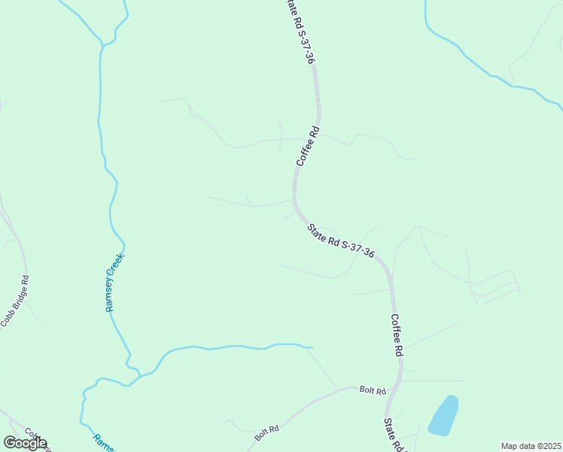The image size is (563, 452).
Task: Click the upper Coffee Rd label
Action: [x=309, y=147]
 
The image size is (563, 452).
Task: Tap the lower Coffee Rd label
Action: [x=397, y=335]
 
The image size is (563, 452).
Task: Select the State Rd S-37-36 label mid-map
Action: [x=341, y=240]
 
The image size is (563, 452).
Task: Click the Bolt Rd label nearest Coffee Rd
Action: [x=372, y=390]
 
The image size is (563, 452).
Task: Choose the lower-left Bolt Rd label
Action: [x=266, y=433]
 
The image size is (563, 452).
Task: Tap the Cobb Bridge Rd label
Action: [x=14, y=301]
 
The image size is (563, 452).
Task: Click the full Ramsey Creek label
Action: [x=114, y=282]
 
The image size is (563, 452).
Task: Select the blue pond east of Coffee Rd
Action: [x=444, y=416]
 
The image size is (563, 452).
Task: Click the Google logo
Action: [x=25, y=443]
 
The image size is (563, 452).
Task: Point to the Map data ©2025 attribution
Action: [x=531, y=446]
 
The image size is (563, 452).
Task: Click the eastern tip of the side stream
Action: [x=311, y=347]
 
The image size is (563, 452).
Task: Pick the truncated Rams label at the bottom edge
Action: [x=102, y=441]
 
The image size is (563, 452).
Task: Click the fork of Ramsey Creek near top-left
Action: [x=102, y=45]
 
